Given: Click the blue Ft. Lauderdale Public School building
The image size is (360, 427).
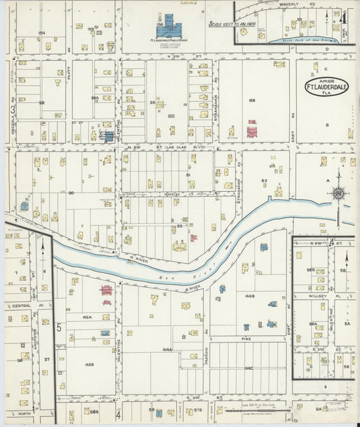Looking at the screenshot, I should pyautogui.click(x=167, y=28).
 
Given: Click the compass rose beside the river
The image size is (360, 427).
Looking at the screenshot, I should pyautogui.click(x=336, y=194).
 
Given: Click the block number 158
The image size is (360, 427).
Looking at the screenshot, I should pyautogui.click(x=252, y=101).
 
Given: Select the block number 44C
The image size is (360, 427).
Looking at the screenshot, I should pyautogui.click(x=249, y=368).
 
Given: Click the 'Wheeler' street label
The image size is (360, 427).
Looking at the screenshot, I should pyautogui.click(x=172, y=194).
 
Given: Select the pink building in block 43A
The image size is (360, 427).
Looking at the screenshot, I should pyautogui.click(x=105, y=291).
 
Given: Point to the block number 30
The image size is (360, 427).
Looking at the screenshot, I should pyautogui.click(x=70, y=193).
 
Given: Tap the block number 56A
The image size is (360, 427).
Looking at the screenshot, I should pyautogui.click(x=313, y=324).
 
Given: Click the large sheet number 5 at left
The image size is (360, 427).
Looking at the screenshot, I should pyautogui.click(x=59, y=328).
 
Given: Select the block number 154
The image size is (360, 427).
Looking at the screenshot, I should pyautogui.click(x=41, y=32).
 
